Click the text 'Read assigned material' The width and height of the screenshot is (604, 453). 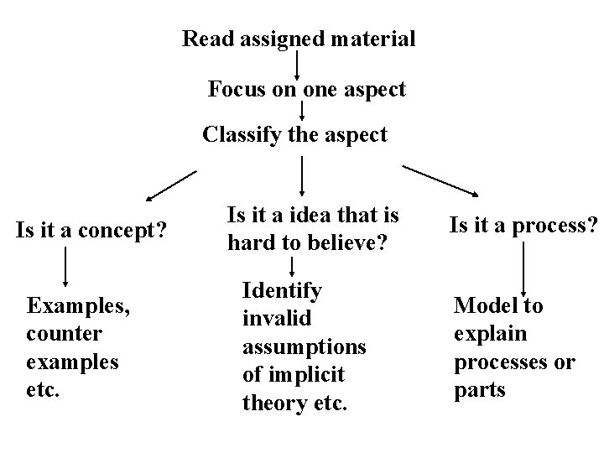pyautogui.click(x=299, y=39)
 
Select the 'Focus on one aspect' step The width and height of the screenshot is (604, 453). pyautogui.click(x=307, y=88)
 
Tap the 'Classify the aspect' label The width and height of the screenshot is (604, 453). pyautogui.click(x=295, y=133)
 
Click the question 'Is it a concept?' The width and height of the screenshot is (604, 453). pyautogui.click(x=91, y=228)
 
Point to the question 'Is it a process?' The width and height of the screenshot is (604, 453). pyautogui.click(x=523, y=225)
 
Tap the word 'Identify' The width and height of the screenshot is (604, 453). pyautogui.click(x=282, y=291)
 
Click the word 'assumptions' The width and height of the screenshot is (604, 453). pyautogui.click(x=305, y=347)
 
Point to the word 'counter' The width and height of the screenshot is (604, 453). pyautogui.click(x=65, y=334)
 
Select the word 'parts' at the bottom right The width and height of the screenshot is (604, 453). pyautogui.click(x=480, y=391)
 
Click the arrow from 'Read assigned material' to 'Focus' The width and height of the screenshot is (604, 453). pyautogui.click(x=299, y=64)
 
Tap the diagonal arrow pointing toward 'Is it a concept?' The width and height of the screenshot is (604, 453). pyautogui.click(x=171, y=186)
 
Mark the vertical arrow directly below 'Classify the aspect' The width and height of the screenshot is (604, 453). pyautogui.click(x=302, y=177)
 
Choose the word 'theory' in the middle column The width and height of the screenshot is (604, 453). pyautogui.click(x=273, y=403)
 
